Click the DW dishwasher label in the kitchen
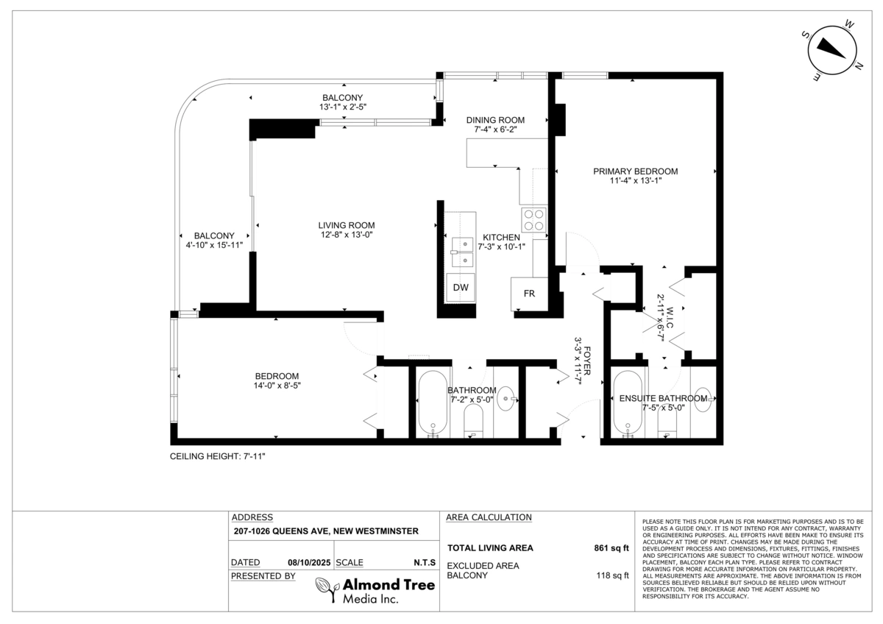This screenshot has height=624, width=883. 461,288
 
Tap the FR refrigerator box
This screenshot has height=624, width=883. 529,294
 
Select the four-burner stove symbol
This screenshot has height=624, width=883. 534,220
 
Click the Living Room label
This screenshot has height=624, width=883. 347,225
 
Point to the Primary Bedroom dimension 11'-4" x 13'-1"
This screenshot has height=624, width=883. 636,180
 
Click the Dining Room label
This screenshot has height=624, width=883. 495,120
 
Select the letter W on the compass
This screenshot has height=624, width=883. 849,25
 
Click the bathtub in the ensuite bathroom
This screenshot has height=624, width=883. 627,403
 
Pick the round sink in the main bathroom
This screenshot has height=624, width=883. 506,399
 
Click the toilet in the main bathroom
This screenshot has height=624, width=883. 473,421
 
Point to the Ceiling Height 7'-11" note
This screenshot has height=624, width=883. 218,456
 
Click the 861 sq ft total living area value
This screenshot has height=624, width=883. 611,548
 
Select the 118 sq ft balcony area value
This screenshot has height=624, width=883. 612,575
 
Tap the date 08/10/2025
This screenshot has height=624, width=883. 309,562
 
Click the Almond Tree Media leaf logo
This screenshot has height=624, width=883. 327,589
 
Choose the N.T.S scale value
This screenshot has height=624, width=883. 425,562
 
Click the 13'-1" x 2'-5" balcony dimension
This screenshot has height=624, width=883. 343,107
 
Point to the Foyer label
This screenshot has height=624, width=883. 587,361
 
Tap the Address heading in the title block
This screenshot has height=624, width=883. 252,517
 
